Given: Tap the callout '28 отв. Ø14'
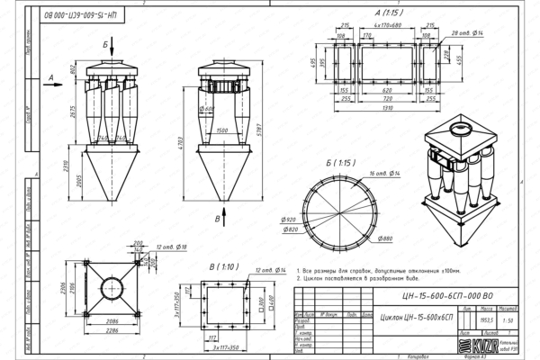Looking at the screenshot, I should click(465, 31).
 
